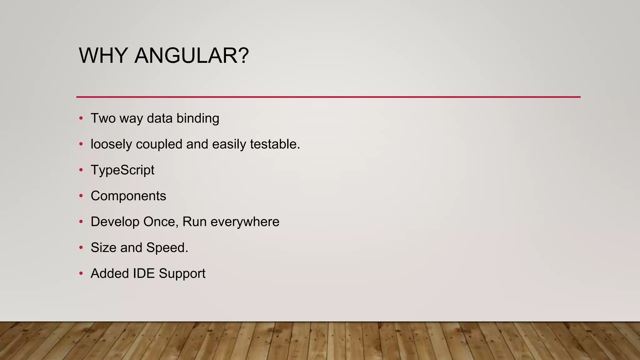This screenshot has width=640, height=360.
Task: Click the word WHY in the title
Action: coord(103,56)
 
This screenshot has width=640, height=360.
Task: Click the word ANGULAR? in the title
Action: coord(192,56)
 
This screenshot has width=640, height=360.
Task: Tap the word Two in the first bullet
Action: coord(103,118)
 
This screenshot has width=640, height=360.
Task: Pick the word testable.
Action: coord(275,144)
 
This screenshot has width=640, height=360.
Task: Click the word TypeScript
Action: coord(122,170)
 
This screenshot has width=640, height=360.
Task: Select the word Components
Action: coord(128,196)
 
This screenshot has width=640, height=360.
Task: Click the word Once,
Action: coord(161,222)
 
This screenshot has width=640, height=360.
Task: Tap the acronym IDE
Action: coord(144,273)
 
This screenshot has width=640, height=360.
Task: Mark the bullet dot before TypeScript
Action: coord(81,170)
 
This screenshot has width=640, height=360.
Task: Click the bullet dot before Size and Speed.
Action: coord(81,247)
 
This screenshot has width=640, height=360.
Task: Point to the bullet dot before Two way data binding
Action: coord(81,118)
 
